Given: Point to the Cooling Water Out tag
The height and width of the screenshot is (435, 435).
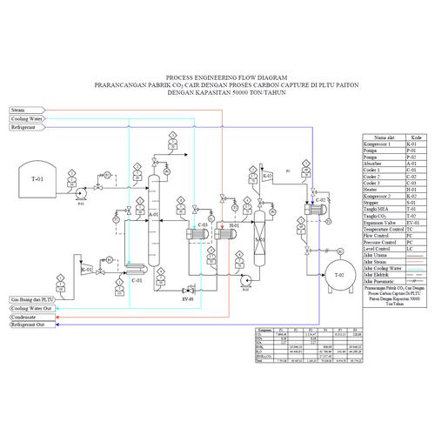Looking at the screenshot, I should click(31, 309).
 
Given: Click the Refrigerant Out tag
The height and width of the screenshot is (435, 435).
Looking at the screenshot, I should click(28, 325).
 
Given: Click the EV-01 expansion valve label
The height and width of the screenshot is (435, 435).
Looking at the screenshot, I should click(186, 298).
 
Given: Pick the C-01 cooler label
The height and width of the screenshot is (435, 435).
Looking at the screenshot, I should click(136, 280).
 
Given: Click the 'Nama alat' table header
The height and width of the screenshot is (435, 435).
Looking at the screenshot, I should click(385, 137).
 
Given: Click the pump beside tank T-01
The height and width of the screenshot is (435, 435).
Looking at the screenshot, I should click(80, 189).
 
